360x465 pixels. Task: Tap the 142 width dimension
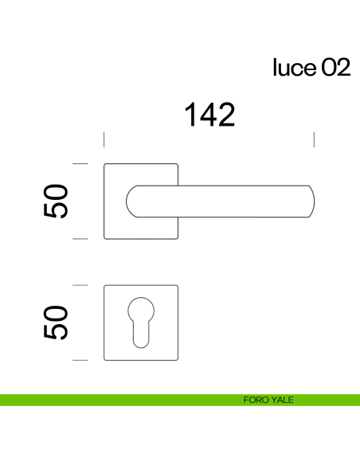(x=210, y=115)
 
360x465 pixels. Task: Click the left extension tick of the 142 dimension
(x=104, y=140)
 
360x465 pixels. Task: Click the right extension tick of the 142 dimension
(x=315, y=140)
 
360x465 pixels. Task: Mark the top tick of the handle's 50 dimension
(x=80, y=163)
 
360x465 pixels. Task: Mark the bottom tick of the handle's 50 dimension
(x=80, y=238)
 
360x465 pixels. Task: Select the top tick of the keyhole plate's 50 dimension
(x=80, y=284)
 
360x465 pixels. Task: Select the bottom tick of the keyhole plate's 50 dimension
(x=80, y=360)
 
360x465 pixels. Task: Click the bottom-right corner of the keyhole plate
(x=177, y=358)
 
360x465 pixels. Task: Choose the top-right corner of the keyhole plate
(x=177, y=286)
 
